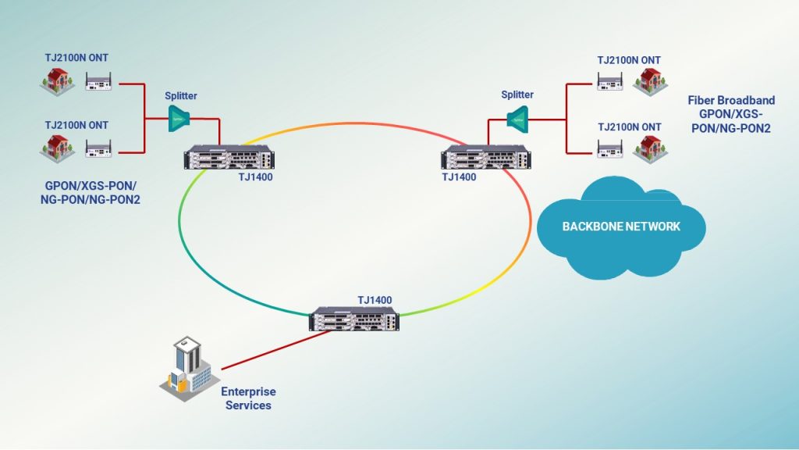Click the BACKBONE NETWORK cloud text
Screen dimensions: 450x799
(621, 227)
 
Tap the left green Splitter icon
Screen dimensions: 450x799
(180, 118)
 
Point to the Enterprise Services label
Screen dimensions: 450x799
(248, 398)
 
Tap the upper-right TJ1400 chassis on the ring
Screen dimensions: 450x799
(486, 159)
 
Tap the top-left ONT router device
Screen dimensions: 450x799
(98, 80)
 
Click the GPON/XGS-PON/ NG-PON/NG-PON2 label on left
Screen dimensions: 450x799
(93, 194)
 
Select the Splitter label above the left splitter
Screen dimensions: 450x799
(180, 96)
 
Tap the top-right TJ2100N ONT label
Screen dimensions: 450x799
(629, 59)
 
